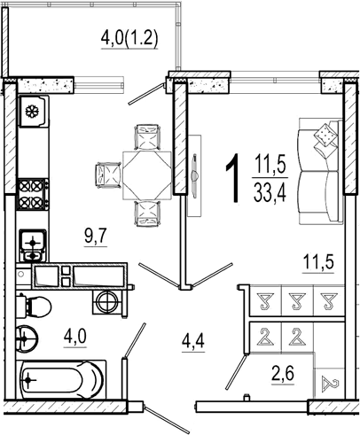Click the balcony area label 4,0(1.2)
click(129, 39)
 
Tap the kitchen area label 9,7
click(95, 237)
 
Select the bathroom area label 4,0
click(74, 337)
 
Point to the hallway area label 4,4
click(193, 342)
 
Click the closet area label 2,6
click(283, 374)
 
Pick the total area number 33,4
click(270, 192)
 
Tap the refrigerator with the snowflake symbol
click(33, 111)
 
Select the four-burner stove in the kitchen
click(32, 194)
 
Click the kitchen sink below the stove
click(32, 245)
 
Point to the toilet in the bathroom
click(34, 306)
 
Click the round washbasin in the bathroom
click(27, 338)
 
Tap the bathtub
click(60, 379)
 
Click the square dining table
click(147, 175)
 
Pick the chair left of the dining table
click(109, 175)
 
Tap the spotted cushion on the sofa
click(325, 135)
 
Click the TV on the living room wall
click(194, 175)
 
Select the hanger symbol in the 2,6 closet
click(330, 383)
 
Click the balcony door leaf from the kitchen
click(146, 94)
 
